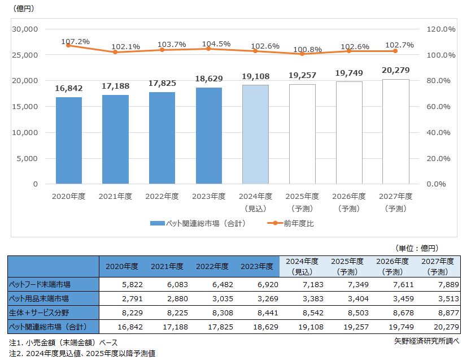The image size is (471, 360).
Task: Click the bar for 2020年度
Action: click(68, 140)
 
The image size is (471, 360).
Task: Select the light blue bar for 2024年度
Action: click(255, 134)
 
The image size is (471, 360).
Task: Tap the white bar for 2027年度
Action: click(396, 131)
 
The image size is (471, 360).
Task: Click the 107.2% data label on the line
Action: click(76, 42)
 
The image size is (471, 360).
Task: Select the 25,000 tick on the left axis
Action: click(25, 55)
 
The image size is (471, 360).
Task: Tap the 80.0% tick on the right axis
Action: click(437, 81)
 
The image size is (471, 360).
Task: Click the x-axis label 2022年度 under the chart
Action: click(162, 196)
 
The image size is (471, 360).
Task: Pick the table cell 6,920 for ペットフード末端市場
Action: click(258, 284)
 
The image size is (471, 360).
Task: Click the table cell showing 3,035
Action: click(212, 298)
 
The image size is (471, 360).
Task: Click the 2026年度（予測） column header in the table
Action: click(392, 266)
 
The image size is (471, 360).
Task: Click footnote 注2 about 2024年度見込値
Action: click(82, 353)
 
